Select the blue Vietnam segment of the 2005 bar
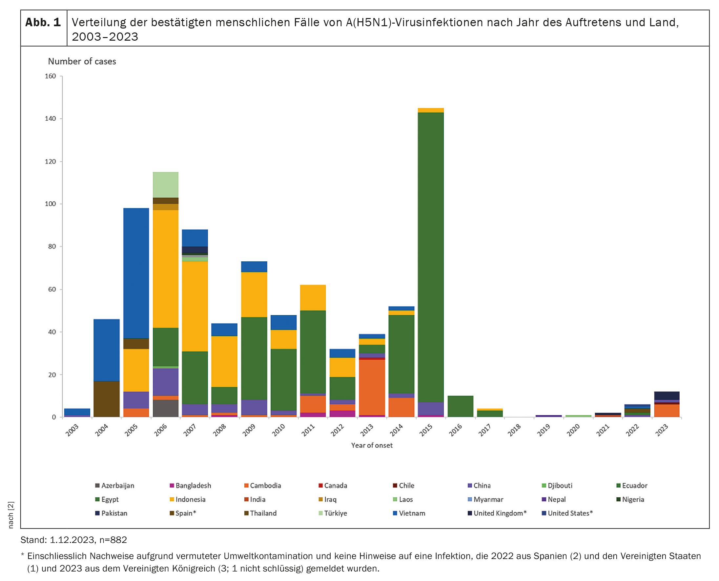136,273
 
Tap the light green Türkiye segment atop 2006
165,185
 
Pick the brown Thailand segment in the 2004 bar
107,399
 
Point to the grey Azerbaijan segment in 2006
165,408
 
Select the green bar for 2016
460,406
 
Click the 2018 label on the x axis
514,430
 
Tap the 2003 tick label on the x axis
72,430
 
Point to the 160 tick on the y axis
51,76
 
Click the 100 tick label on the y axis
51,204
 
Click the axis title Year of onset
372,445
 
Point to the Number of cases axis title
82,62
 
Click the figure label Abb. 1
43,22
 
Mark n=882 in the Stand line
113,540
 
